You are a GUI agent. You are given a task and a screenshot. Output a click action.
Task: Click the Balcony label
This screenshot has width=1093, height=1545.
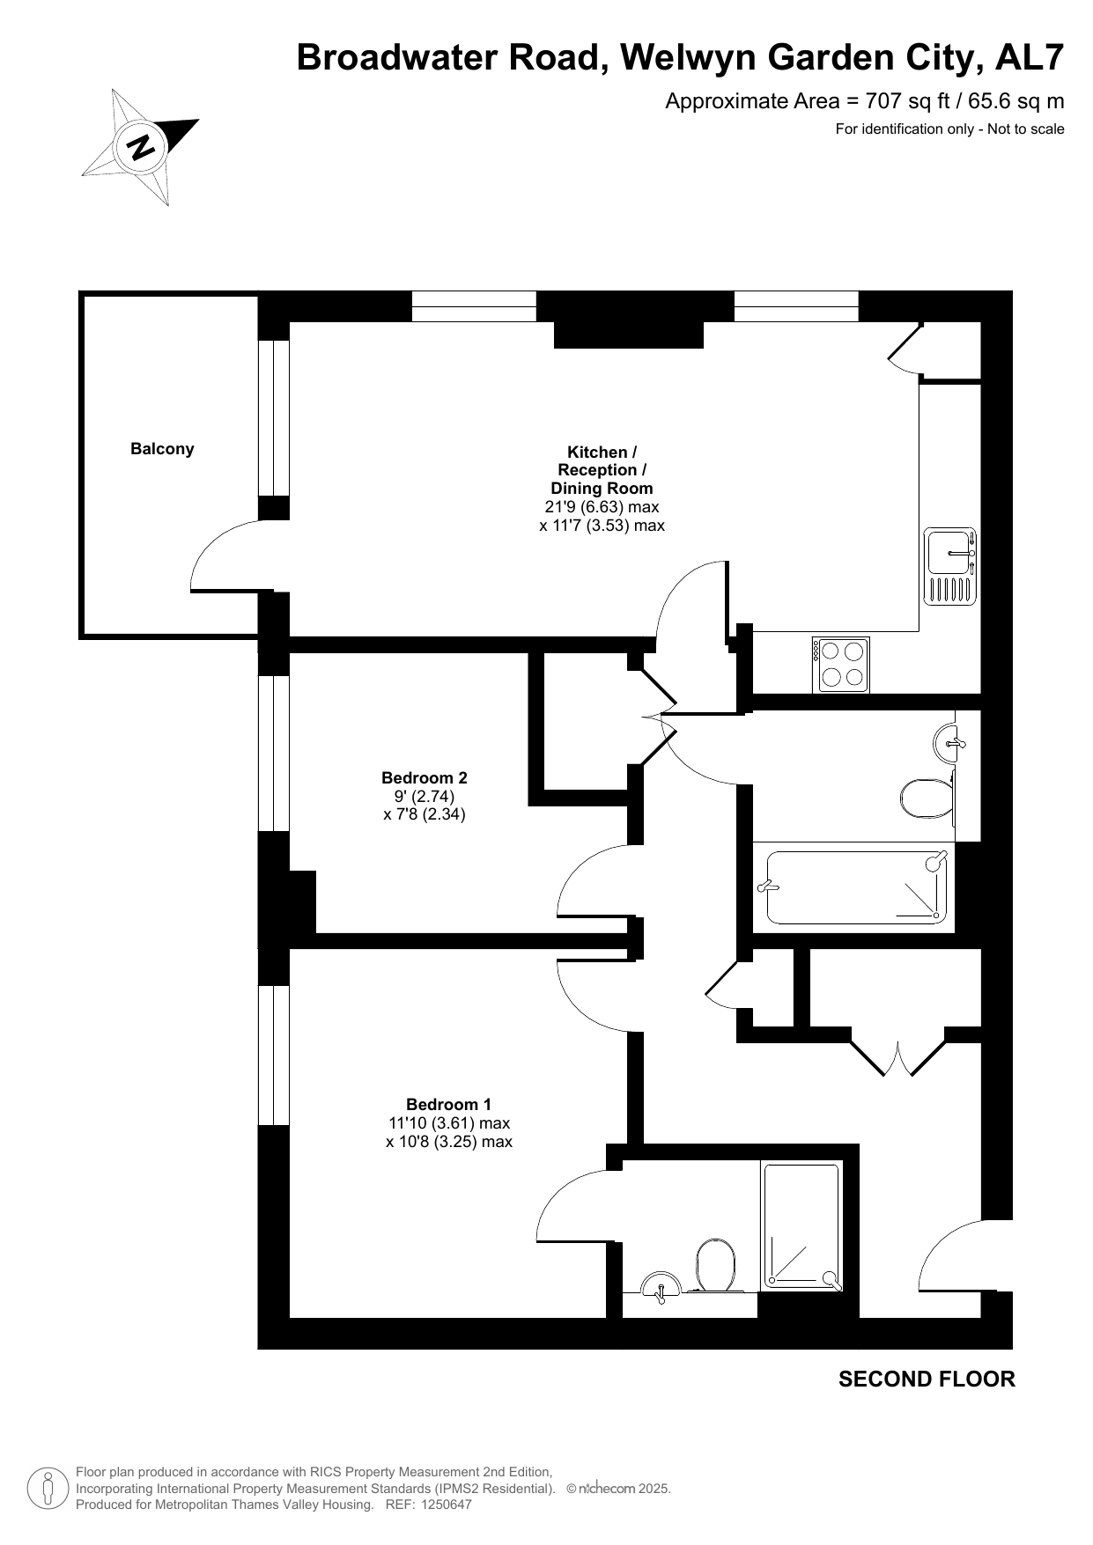pyautogui.click(x=162, y=449)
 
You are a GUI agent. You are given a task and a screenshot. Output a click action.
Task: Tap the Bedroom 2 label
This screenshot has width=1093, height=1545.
pyautogui.click(x=425, y=777)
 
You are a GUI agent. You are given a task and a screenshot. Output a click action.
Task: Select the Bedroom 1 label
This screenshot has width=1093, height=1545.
pyautogui.click(x=449, y=1104)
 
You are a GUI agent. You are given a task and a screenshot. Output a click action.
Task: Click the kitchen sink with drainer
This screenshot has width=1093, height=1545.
pyautogui.click(x=950, y=566)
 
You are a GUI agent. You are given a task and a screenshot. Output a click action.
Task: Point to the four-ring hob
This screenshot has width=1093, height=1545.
pyautogui.click(x=841, y=664)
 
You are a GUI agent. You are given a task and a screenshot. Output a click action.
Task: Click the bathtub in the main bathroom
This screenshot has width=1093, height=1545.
pyautogui.click(x=853, y=887)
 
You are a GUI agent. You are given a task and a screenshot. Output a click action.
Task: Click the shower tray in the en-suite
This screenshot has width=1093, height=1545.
pyautogui.click(x=801, y=1227)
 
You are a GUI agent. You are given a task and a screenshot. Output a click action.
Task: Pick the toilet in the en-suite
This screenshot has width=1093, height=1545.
pyautogui.click(x=716, y=1265)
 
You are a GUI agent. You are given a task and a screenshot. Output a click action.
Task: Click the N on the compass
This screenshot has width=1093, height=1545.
pyautogui.click(x=140, y=146)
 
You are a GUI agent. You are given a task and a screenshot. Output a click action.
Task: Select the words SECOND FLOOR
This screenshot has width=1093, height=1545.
pyautogui.click(x=927, y=1379)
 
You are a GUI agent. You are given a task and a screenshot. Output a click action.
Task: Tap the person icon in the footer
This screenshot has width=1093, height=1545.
pyautogui.click(x=48, y=1489)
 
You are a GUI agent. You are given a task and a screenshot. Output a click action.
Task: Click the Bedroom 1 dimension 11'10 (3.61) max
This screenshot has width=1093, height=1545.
pyautogui.click(x=449, y=1123)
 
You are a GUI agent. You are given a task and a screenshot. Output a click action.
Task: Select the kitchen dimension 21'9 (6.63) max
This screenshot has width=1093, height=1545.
pyautogui.click(x=602, y=507)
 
